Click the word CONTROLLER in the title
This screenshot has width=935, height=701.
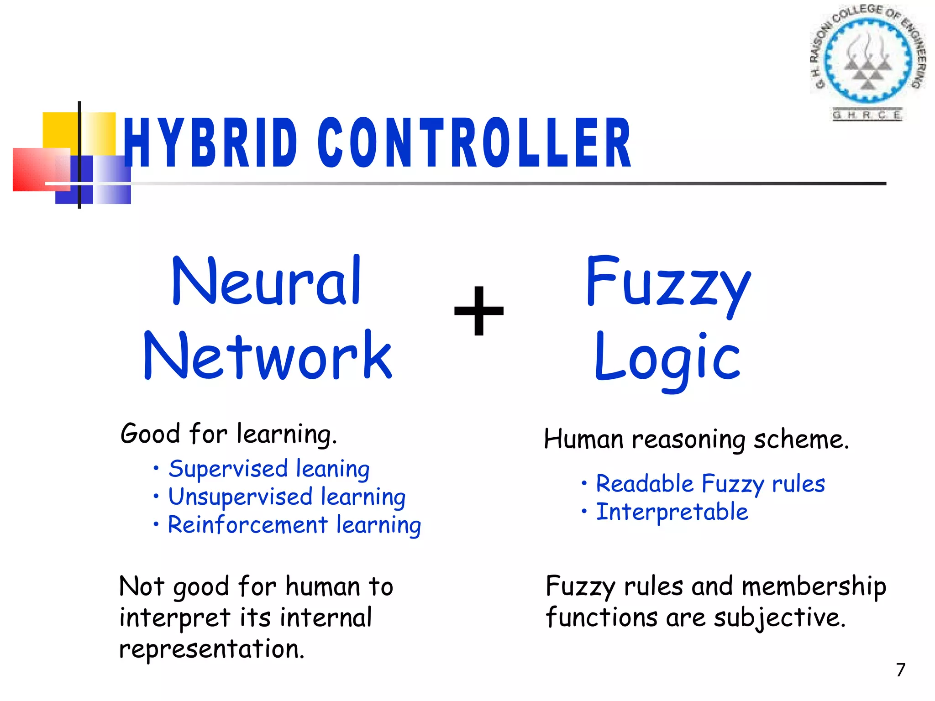point(475,142)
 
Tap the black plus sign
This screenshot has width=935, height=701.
point(479,311)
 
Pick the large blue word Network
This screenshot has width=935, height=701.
point(268,356)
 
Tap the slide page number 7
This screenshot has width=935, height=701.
point(900,670)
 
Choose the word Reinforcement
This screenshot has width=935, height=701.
point(248,525)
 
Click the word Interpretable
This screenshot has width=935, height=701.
point(672,512)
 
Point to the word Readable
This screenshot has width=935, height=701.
point(645,484)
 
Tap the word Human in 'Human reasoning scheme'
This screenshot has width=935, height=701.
point(583,439)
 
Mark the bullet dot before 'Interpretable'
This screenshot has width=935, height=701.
point(584,511)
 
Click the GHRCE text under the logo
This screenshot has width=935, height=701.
point(867,115)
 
